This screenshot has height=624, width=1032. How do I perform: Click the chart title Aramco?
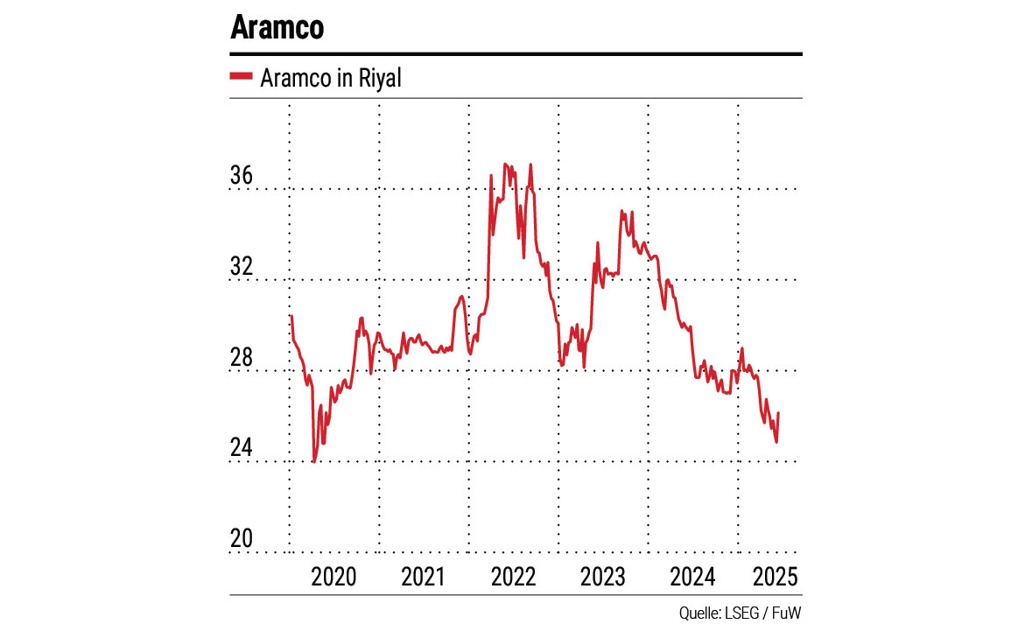(x=277, y=27)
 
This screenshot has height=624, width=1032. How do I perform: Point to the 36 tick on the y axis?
(x=241, y=176)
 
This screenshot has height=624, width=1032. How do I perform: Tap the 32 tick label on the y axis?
(x=241, y=267)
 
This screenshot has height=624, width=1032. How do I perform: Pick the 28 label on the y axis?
(x=241, y=359)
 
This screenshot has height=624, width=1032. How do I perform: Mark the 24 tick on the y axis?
(x=241, y=449)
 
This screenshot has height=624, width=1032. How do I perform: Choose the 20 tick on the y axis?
(x=241, y=540)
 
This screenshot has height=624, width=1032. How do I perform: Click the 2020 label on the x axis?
(x=334, y=577)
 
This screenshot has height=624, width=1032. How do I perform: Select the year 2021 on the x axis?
(x=424, y=577)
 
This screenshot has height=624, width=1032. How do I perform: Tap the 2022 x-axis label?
(x=514, y=577)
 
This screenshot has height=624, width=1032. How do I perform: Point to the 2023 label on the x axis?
(x=603, y=577)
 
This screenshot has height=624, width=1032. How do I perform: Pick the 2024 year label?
(x=693, y=577)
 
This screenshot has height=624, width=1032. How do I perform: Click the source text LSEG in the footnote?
(x=741, y=611)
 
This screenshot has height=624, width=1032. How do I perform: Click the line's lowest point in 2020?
(x=313, y=461)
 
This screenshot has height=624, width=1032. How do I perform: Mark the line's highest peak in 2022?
(x=505, y=164)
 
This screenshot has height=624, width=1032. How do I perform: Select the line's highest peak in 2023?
(x=621, y=211)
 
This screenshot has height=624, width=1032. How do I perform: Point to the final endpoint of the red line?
(x=779, y=413)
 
